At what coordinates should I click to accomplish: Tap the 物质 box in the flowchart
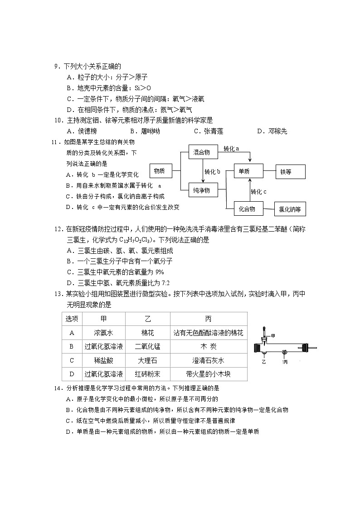(159, 171)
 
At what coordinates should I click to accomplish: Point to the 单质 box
(248, 171)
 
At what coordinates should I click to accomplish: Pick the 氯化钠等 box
(291, 209)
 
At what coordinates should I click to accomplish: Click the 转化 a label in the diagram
(231, 148)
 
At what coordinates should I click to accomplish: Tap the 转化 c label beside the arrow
(258, 191)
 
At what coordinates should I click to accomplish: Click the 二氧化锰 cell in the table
(148, 347)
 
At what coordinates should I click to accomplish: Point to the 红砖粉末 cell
(148, 374)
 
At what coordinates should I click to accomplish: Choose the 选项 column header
(72, 319)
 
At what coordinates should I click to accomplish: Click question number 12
(58, 229)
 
